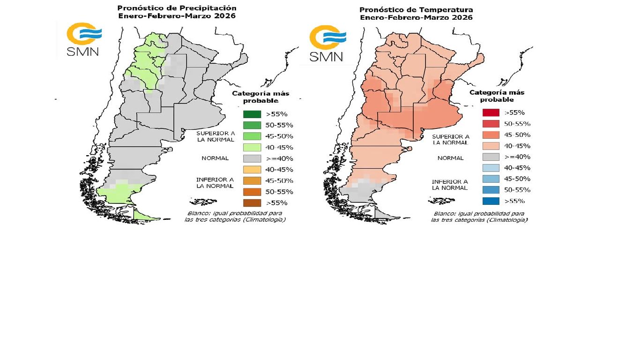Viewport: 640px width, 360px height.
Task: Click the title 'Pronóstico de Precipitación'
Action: (177, 8)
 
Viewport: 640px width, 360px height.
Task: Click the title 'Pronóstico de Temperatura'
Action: (416, 10)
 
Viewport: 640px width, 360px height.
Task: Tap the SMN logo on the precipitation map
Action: (83, 39)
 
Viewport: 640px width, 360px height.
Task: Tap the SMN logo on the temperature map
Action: (327, 44)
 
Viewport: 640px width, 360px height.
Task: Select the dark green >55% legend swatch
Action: (252, 114)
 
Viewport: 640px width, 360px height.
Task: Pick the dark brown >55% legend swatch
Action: (252, 203)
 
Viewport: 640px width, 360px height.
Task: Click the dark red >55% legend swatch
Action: (491, 112)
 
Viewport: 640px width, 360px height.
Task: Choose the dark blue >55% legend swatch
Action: (491, 201)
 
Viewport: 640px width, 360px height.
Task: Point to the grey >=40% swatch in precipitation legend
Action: (252, 158)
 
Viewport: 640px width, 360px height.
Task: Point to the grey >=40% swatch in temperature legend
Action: (491, 157)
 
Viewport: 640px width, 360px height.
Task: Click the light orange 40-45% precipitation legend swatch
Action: (252, 170)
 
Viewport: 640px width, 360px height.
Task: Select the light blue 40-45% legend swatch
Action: (491, 168)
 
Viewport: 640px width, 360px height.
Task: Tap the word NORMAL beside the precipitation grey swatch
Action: (215, 158)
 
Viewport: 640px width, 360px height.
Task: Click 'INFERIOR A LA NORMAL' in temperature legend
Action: (450, 185)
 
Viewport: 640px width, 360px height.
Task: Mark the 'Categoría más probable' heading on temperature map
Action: (497, 96)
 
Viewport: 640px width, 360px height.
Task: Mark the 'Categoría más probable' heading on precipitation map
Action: (260, 97)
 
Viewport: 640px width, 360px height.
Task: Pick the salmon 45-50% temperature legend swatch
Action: (491, 135)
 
